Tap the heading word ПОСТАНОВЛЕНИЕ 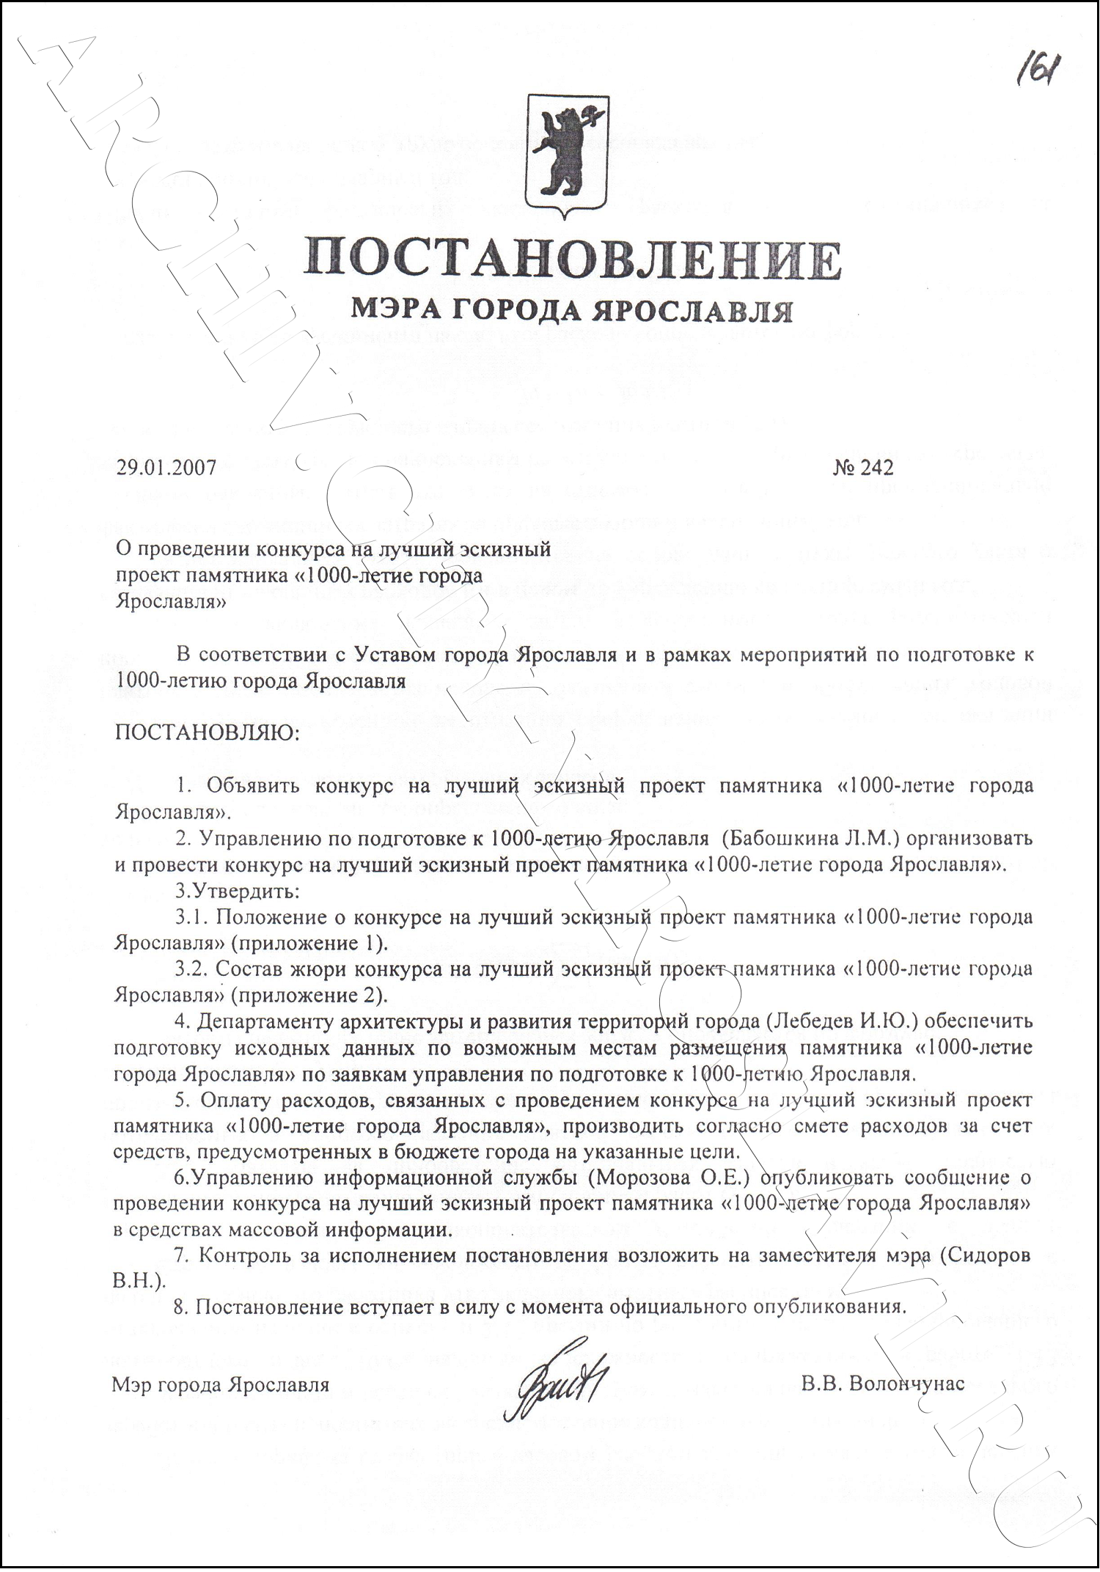pos(573,257)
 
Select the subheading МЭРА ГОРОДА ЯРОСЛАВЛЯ pos(571,311)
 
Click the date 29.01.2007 pos(166,467)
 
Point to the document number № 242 pos(863,467)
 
